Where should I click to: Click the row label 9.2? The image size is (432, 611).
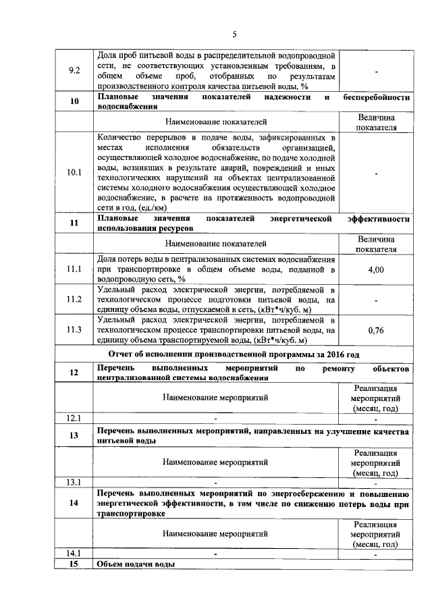point(75,70)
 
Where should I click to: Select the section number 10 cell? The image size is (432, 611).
point(75,102)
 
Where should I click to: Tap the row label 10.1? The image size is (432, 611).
point(75,173)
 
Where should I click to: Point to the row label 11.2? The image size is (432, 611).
point(75,299)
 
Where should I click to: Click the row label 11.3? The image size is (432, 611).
point(75,329)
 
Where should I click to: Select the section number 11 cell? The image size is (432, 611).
point(75,223)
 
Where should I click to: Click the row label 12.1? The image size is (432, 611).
point(75,419)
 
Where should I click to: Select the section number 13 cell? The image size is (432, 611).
point(75,435)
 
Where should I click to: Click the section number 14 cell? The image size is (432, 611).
point(75,503)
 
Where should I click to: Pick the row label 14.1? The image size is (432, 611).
point(75,554)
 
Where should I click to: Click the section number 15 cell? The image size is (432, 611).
point(75,564)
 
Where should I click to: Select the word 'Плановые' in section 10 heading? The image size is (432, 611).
point(119,97)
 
